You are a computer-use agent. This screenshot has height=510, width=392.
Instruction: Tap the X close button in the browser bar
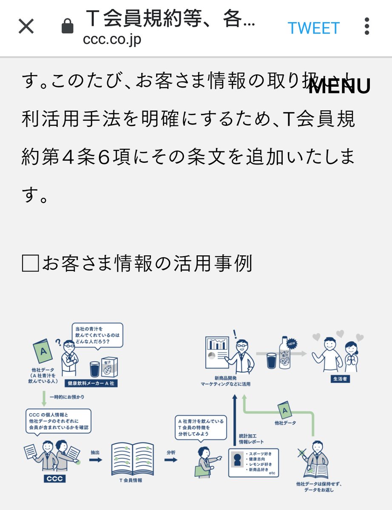coord(26,27)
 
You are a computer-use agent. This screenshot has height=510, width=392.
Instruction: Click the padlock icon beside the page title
coord(67,27)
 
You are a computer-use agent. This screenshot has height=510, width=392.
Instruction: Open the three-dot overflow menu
coord(367,26)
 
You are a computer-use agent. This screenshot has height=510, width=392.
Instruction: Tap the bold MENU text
coord(339,86)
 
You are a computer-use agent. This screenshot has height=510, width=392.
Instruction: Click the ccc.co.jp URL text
coord(112,40)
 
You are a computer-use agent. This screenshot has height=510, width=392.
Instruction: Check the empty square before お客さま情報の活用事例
coord(30,264)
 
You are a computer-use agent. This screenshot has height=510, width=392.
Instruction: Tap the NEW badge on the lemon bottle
coord(292,343)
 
